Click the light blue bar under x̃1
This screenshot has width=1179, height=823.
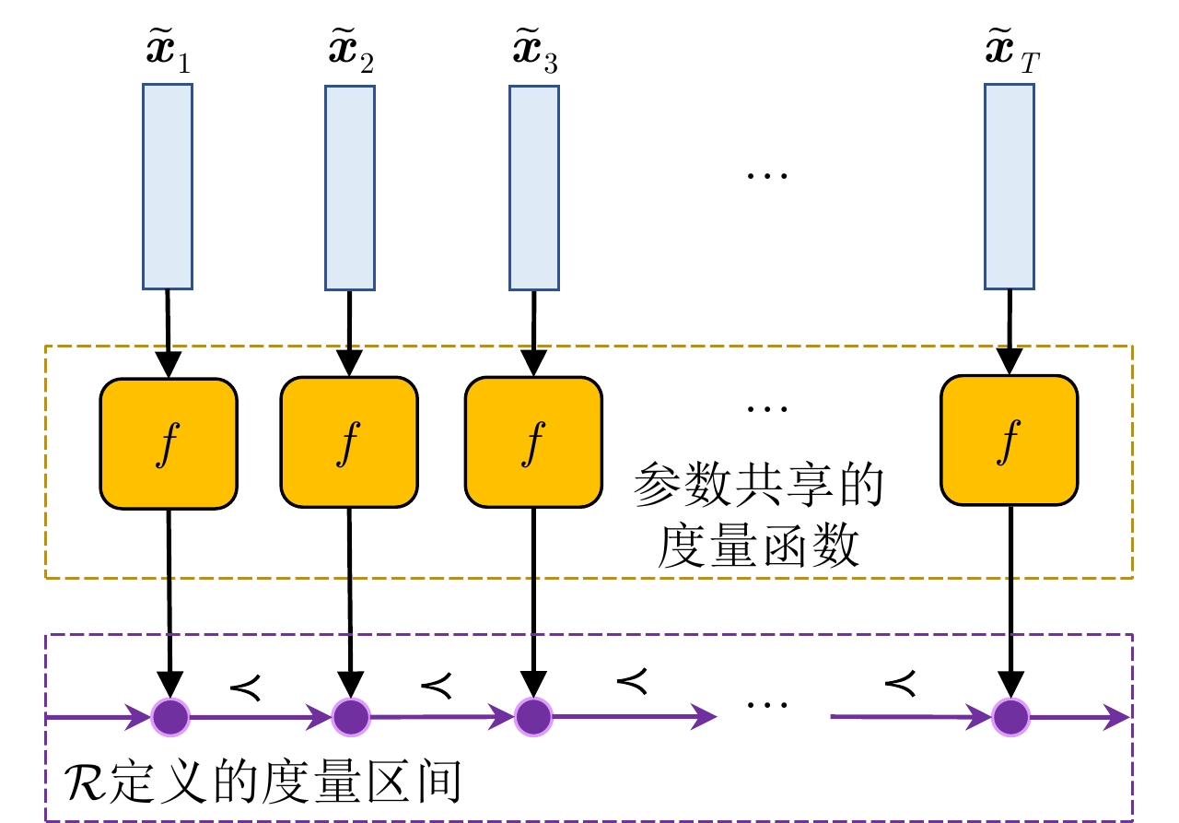click(x=168, y=186)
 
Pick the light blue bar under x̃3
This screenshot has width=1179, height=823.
click(x=533, y=186)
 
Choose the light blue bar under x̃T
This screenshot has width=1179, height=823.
click(x=1009, y=186)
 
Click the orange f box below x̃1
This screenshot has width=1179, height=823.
click(x=169, y=443)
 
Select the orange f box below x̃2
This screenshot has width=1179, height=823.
click(x=349, y=443)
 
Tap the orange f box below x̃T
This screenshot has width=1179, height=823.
click(x=1009, y=441)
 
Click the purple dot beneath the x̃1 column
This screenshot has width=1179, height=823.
click(x=169, y=715)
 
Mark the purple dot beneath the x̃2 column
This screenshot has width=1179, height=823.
click(x=350, y=715)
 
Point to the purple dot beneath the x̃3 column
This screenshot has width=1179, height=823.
click(x=532, y=715)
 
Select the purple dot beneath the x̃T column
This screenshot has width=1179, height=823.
click(x=1011, y=715)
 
